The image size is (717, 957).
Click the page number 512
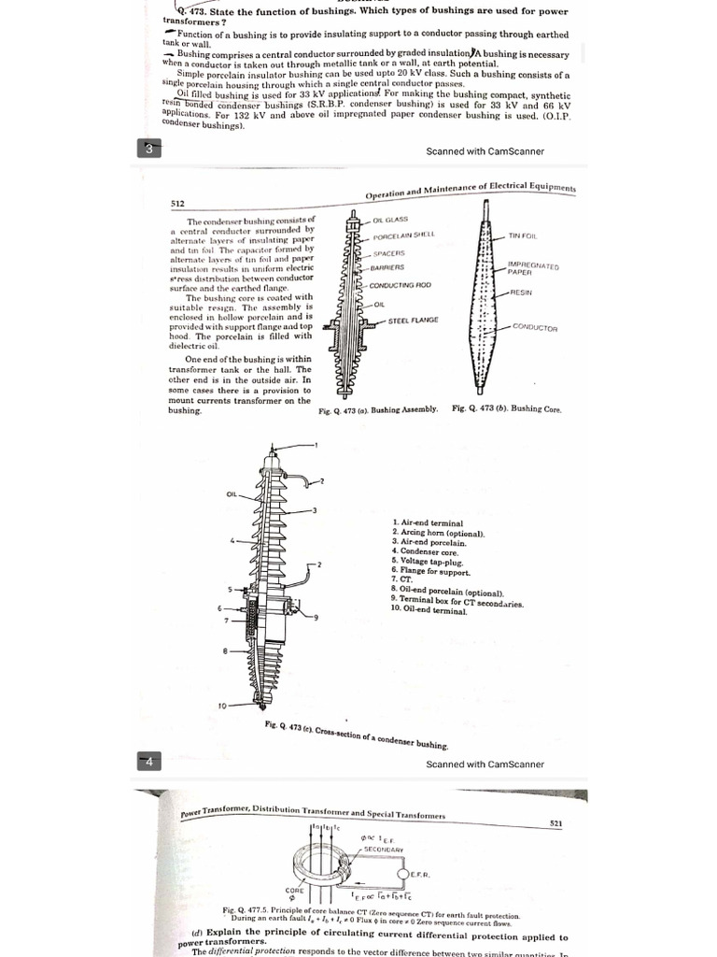coord(177,203)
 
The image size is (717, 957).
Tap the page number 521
coord(556,823)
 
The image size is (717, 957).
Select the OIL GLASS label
coord(389,220)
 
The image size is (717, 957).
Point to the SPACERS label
coord(387,253)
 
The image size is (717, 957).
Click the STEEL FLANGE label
coord(413,321)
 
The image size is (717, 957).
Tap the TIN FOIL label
coord(523,236)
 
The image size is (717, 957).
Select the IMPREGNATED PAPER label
coord(532,269)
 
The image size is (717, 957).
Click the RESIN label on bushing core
coord(521,293)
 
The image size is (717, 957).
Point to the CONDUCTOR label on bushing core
coord(535,328)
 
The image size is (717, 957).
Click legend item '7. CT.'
coord(402,579)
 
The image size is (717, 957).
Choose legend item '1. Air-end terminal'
coord(427,523)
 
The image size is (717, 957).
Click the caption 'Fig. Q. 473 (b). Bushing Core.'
coord(506,408)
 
